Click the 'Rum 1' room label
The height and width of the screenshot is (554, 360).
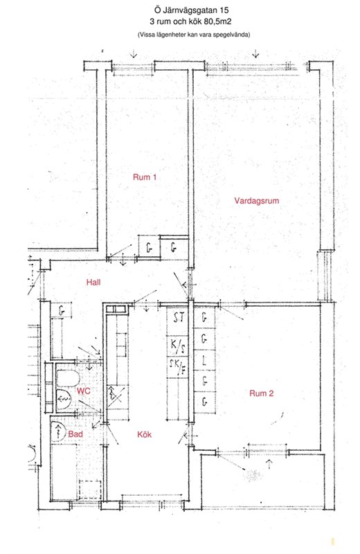pyautogui.click(x=145, y=177)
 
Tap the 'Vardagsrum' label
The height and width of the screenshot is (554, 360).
pyautogui.click(x=256, y=201)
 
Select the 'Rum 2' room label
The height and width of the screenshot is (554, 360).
pyautogui.click(x=262, y=393)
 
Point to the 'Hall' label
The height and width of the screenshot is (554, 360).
pyautogui.click(x=93, y=282)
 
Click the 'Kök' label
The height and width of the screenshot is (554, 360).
pyautogui.click(x=144, y=434)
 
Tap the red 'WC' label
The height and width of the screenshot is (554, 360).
pyautogui.click(x=84, y=391)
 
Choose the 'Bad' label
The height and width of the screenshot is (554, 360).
pyautogui.click(x=75, y=434)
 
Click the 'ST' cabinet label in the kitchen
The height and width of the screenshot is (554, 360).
pyautogui.click(x=179, y=318)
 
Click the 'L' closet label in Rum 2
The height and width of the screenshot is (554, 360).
pyautogui.click(x=204, y=361)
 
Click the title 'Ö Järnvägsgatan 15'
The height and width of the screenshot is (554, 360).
pyautogui.click(x=191, y=10)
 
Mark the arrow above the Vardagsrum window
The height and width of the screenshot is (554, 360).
pyautogui.click(x=255, y=53)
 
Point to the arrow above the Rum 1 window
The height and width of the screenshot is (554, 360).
pyautogui.click(x=133, y=53)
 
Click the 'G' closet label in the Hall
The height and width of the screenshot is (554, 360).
pyautogui.click(x=62, y=311)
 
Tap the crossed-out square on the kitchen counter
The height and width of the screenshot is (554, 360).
pyautogui.click(x=116, y=395)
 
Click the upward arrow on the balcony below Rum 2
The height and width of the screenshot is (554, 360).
pyautogui.click(x=270, y=464)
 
